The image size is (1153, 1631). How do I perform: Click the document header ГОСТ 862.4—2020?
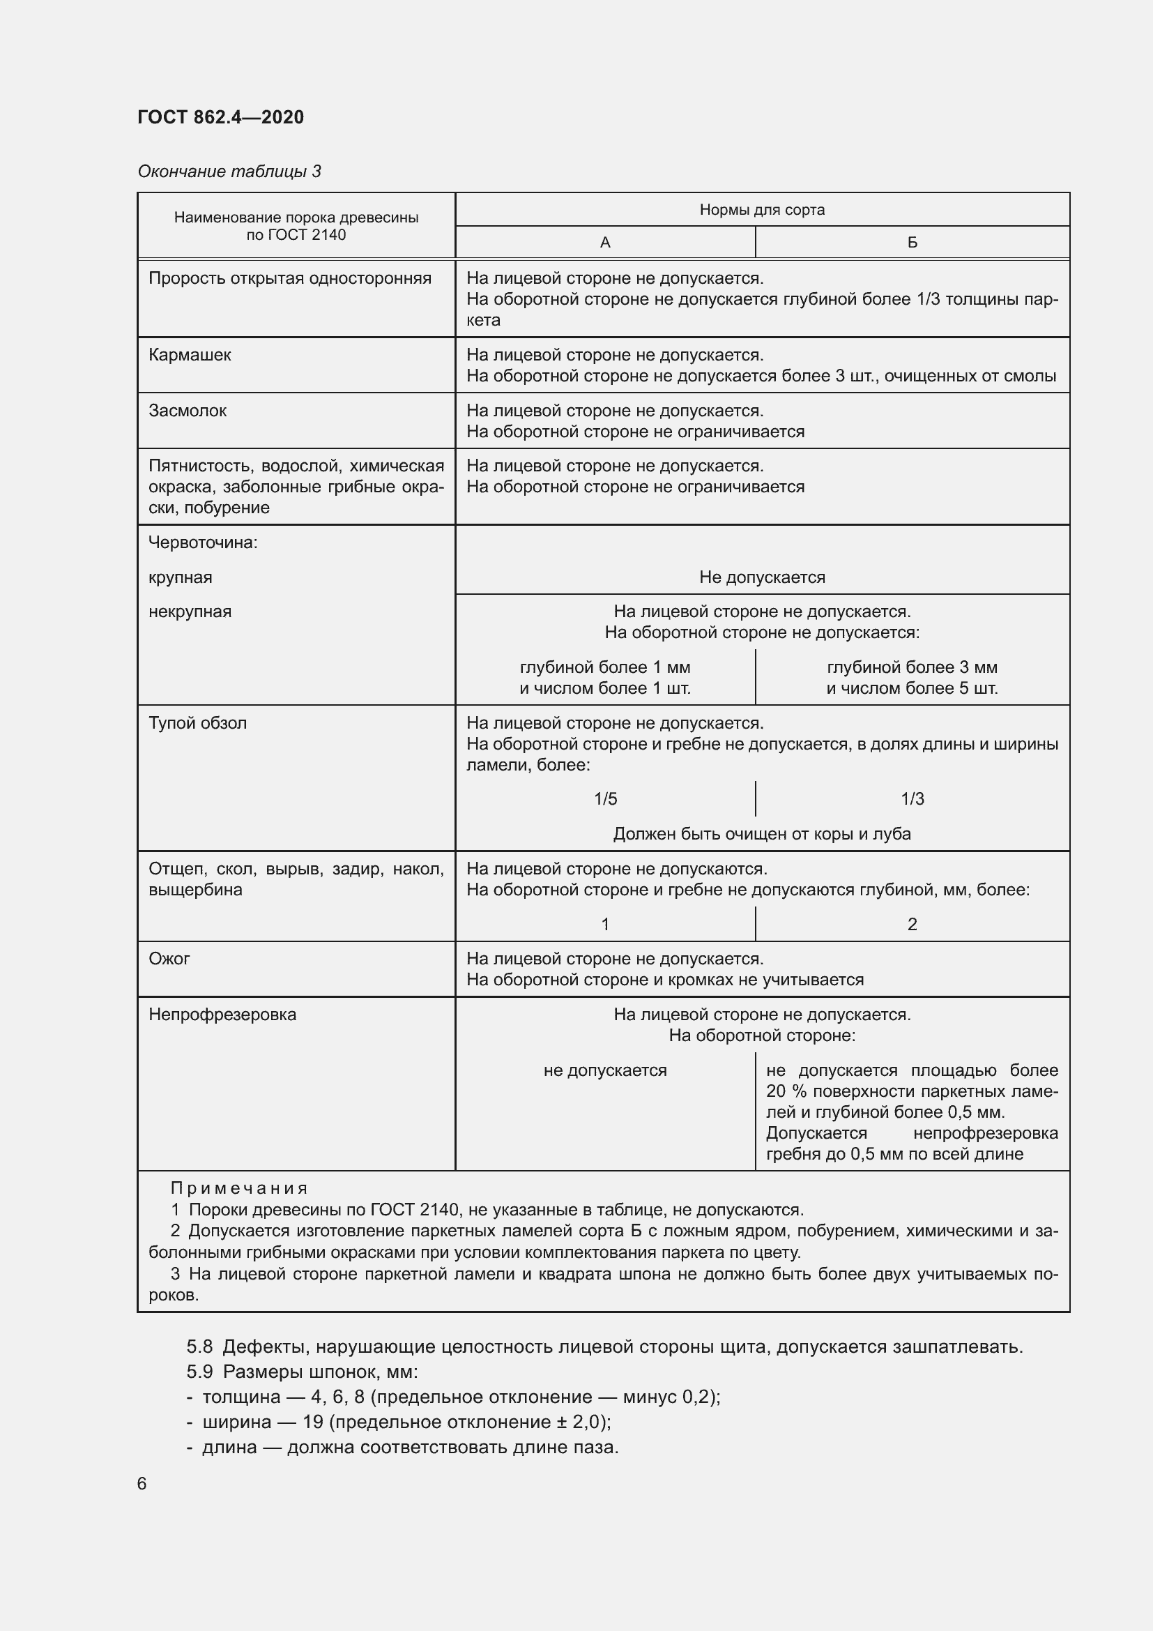click(x=220, y=117)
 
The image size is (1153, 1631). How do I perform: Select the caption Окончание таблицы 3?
click(x=229, y=172)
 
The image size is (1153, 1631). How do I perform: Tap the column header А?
click(x=605, y=243)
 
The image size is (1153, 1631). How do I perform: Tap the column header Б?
click(x=913, y=243)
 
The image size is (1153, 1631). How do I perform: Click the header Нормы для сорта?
click(x=762, y=210)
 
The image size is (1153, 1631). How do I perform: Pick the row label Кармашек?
click(x=190, y=355)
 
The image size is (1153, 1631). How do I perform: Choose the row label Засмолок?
click(x=188, y=411)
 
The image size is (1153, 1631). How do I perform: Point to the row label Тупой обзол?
click(x=197, y=723)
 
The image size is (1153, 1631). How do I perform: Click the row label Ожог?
click(x=169, y=959)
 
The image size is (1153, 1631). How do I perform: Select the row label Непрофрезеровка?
click(x=222, y=1015)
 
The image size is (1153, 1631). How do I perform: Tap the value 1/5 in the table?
click(x=605, y=799)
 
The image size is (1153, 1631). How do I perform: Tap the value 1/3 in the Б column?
click(x=913, y=799)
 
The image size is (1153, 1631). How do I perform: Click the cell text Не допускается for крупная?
click(x=762, y=577)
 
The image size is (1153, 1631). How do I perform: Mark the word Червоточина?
click(x=202, y=543)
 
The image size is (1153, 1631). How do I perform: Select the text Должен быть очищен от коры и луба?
click(x=762, y=834)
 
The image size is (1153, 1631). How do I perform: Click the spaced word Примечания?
click(x=238, y=1188)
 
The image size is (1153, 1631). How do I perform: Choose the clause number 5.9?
click(x=199, y=1372)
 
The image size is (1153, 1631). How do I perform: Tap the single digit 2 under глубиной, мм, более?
click(x=913, y=925)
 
